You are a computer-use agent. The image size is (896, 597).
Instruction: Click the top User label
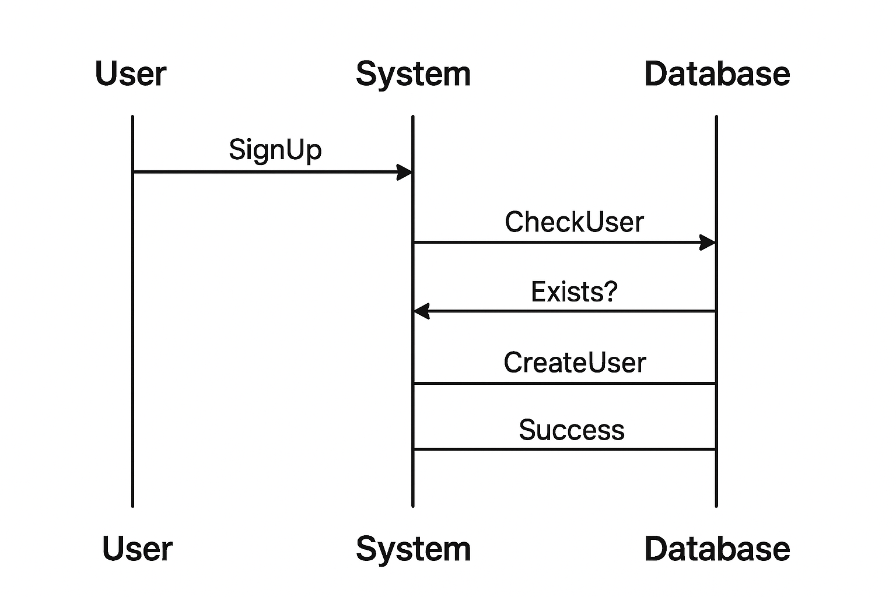(131, 74)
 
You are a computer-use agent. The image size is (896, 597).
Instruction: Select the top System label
(413, 75)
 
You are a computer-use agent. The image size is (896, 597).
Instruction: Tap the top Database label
(717, 74)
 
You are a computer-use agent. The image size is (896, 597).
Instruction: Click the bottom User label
(137, 549)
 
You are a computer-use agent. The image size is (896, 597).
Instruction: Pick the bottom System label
(413, 550)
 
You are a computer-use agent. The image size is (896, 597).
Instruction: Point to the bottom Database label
(717, 549)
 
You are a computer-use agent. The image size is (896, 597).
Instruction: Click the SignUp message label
(275, 150)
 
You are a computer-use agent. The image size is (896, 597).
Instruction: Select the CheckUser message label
(574, 222)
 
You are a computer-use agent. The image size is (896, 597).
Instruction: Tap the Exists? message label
(573, 292)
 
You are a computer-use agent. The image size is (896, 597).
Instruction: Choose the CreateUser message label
(575, 363)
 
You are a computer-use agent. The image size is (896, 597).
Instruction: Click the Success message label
(572, 430)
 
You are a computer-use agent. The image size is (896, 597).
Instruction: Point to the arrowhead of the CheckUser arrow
(708, 243)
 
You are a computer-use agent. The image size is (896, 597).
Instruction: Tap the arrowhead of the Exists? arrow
(422, 311)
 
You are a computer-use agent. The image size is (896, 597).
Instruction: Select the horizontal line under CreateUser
(564, 384)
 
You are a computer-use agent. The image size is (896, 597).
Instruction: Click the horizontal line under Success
(564, 449)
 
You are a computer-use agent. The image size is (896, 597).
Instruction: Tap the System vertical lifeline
(413, 478)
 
